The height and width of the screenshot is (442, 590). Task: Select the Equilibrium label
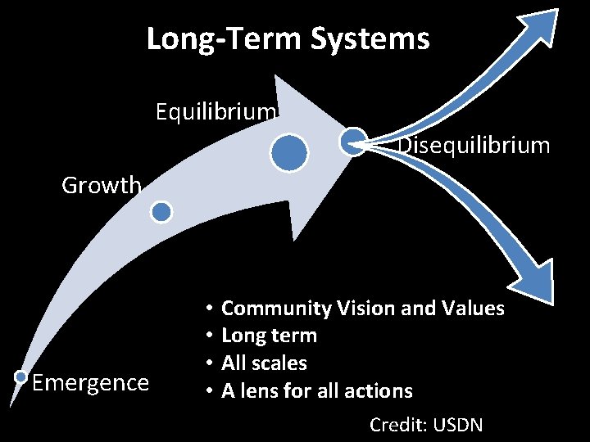(x=216, y=110)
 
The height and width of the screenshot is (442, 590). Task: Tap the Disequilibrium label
(x=474, y=147)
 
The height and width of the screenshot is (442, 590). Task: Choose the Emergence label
(x=90, y=382)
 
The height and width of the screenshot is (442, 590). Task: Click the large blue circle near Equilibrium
(x=289, y=153)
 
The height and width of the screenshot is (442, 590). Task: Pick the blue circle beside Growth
(x=162, y=212)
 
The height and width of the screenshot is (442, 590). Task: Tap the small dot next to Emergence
(x=21, y=377)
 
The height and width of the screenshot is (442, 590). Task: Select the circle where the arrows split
(x=353, y=141)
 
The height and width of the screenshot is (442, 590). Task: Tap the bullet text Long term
(x=269, y=336)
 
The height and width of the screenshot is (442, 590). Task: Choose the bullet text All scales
(x=264, y=363)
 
